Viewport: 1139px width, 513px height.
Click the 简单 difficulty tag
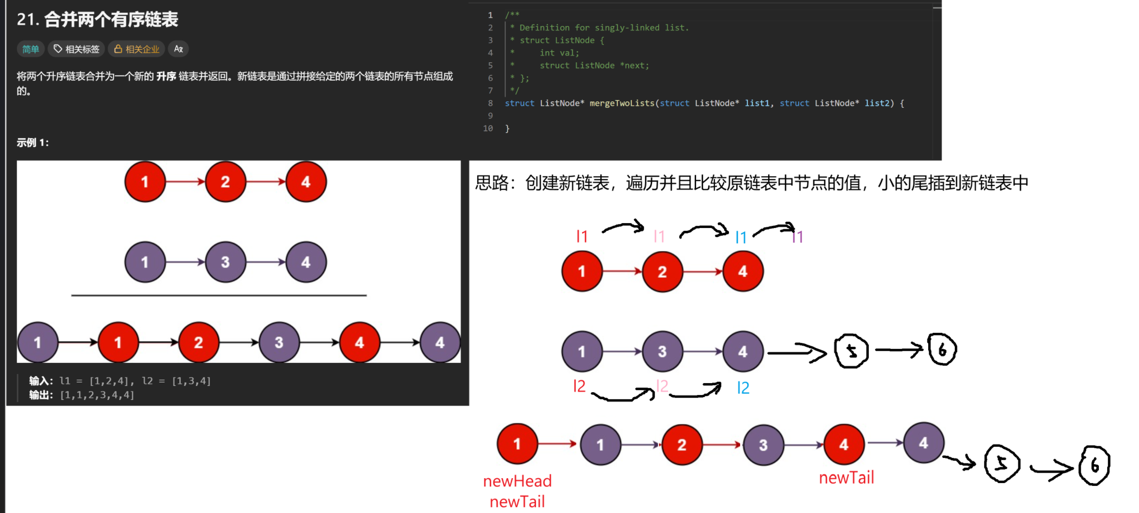point(30,49)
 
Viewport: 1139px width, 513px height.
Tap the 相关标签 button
point(76,49)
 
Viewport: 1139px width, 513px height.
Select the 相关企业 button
point(137,49)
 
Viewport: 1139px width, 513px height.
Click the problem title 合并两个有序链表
point(111,19)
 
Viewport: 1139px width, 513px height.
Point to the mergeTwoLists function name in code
point(622,103)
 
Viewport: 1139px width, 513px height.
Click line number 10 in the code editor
point(488,128)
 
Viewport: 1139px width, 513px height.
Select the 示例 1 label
point(32,142)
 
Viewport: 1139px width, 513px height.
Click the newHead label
point(517,481)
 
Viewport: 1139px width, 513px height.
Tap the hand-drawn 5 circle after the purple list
point(852,351)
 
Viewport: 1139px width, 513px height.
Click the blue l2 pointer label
point(743,387)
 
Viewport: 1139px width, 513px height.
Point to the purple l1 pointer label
point(798,237)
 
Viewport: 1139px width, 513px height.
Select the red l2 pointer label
point(579,386)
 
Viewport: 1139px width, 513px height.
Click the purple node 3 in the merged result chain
point(763,444)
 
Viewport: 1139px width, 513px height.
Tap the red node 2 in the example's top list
point(225,182)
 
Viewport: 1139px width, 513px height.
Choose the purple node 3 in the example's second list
point(225,262)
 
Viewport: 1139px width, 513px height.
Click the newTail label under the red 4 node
point(847,477)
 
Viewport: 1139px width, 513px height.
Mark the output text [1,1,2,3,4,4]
point(97,395)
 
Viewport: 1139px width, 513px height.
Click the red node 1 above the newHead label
point(517,443)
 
